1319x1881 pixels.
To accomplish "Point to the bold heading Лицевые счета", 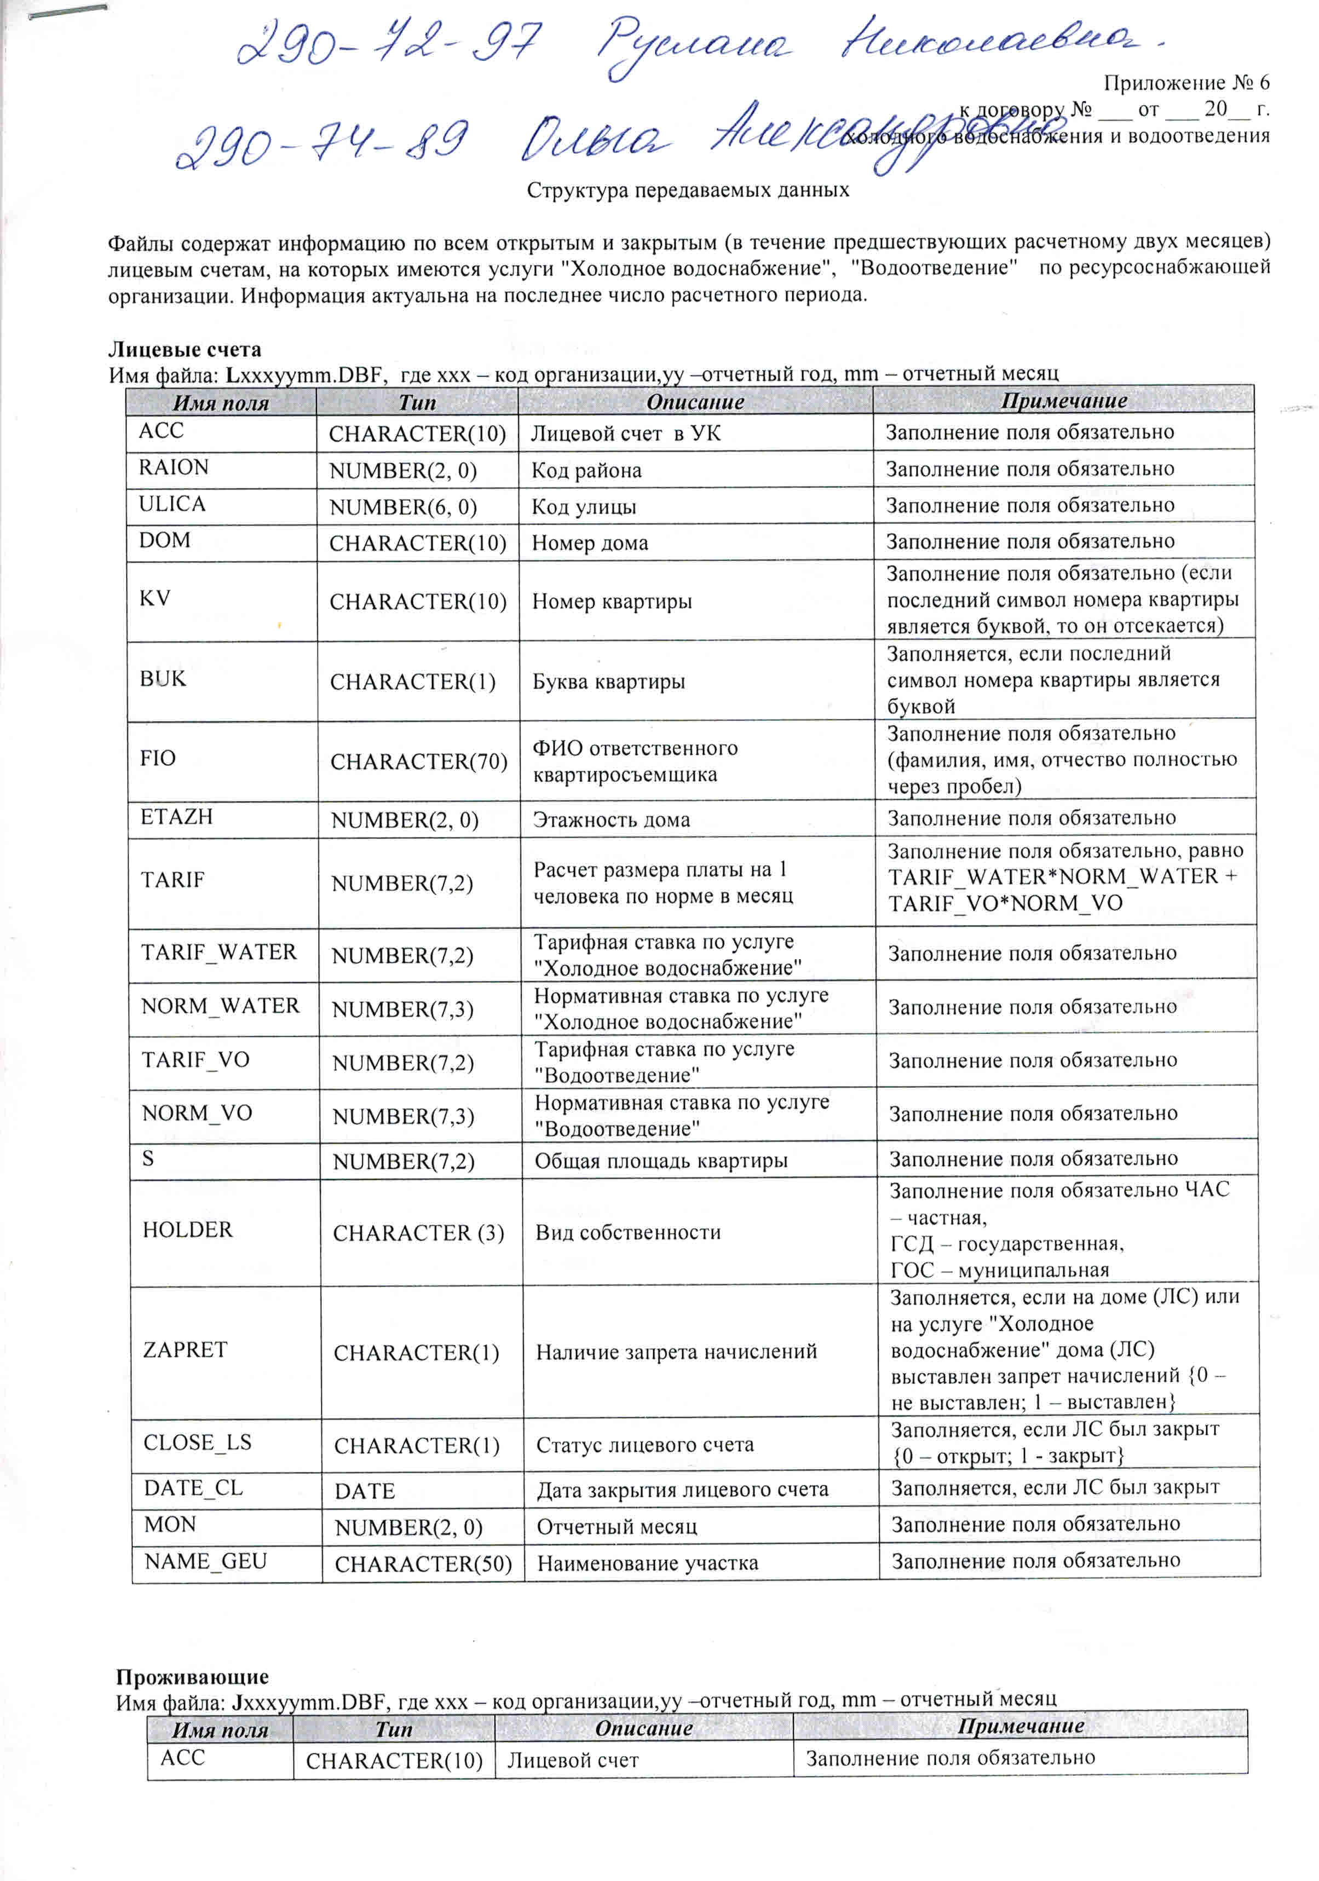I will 185,350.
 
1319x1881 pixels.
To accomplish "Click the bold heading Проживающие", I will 192,1676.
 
